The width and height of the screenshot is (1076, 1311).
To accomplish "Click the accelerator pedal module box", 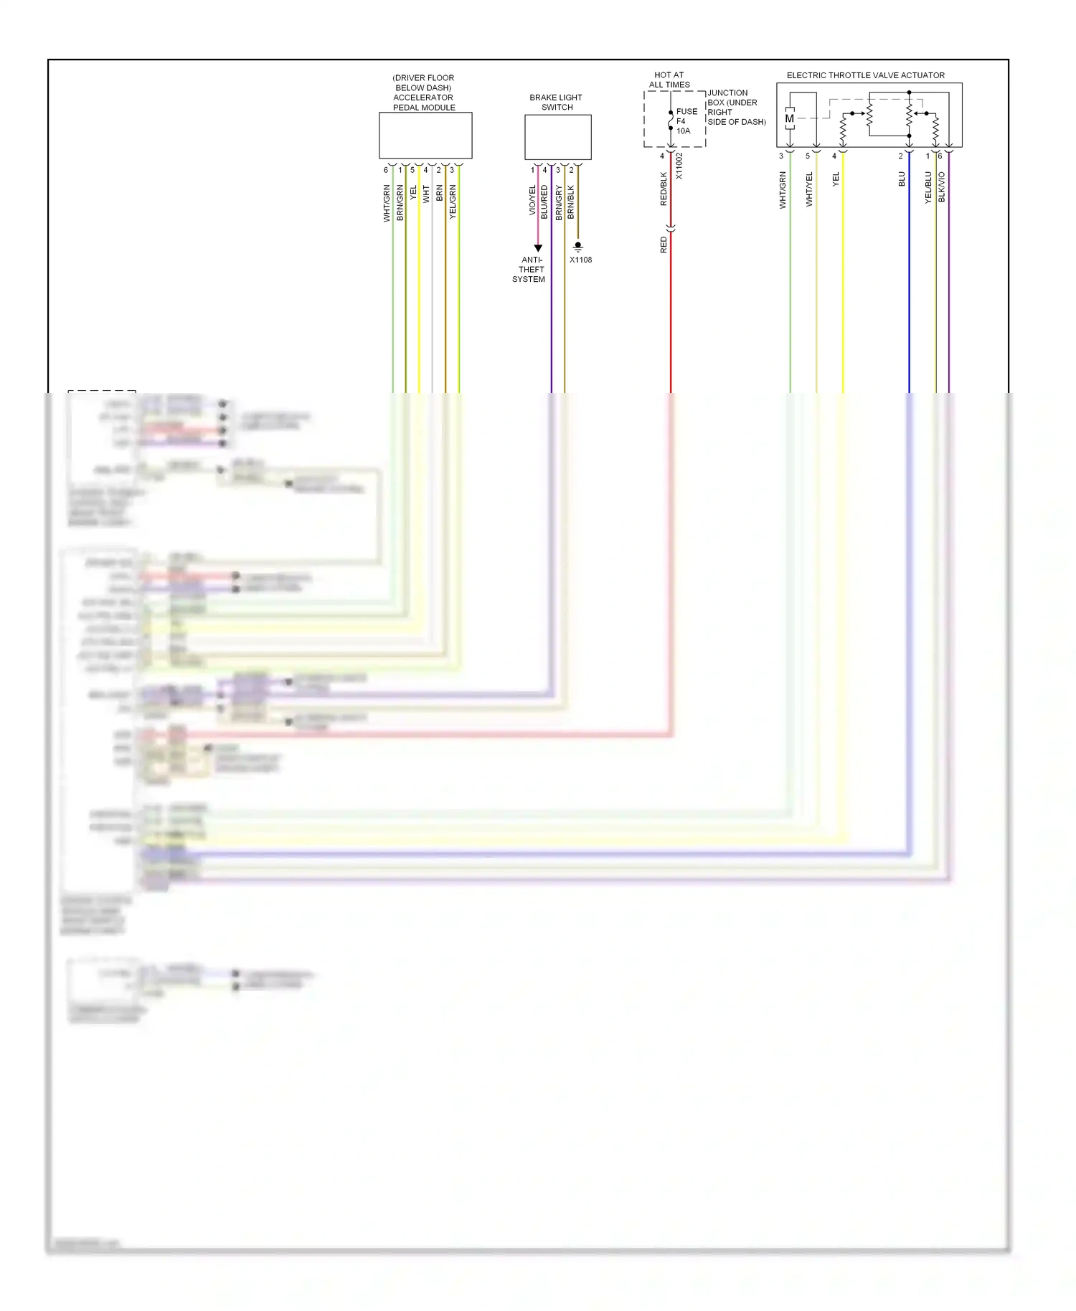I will pyautogui.click(x=425, y=136).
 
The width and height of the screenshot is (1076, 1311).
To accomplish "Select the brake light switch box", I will pyautogui.click(x=557, y=137).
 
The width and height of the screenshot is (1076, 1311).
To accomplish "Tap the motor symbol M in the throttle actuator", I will pyautogui.click(x=789, y=119).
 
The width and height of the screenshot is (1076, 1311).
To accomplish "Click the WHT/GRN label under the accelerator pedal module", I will pyautogui.click(x=387, y=203).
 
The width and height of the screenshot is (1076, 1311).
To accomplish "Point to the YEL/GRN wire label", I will pyautogui.click(x=453, y=202).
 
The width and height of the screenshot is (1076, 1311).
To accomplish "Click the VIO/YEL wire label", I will pyautogui.click(x=532, y=200).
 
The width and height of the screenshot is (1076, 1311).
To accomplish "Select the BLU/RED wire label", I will pyautogui.click(x=544, y=202).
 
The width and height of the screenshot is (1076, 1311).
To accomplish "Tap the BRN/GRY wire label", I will pyautogui.click(x=558, y=202).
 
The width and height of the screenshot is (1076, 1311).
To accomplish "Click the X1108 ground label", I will pyautogui.click(x=580, y=260).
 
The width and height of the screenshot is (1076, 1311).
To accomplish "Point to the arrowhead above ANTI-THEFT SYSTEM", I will pyautogui.click(x=538, y=248).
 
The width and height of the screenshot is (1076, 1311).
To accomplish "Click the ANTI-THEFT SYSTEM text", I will pyautogui.click(x=529, y=270).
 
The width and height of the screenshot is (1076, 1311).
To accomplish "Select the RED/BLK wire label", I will pyautogui.click(x=664, y=189).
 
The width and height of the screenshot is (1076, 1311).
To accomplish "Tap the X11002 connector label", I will pyautogui.click(x=679, y=166).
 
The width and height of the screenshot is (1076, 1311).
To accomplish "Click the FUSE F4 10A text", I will pyautogui.click(x=685, y=121).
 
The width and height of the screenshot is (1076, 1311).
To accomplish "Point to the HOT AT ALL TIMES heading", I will pyautogui.click(x=669, y=80).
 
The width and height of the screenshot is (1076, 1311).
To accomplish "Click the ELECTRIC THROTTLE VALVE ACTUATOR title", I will pyautogui.click(x=865, y=75).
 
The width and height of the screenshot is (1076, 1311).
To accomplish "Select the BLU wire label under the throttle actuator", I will pyautogui.click(x=902, y=179).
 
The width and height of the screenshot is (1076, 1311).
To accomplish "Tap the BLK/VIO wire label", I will pyautogui.click(x=942, y=186).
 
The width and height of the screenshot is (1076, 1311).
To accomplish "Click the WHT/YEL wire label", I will pyautogui.click(x=809, y=189).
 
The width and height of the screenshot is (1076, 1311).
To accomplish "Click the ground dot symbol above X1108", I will pyautogui.click(x=578, y=246).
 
